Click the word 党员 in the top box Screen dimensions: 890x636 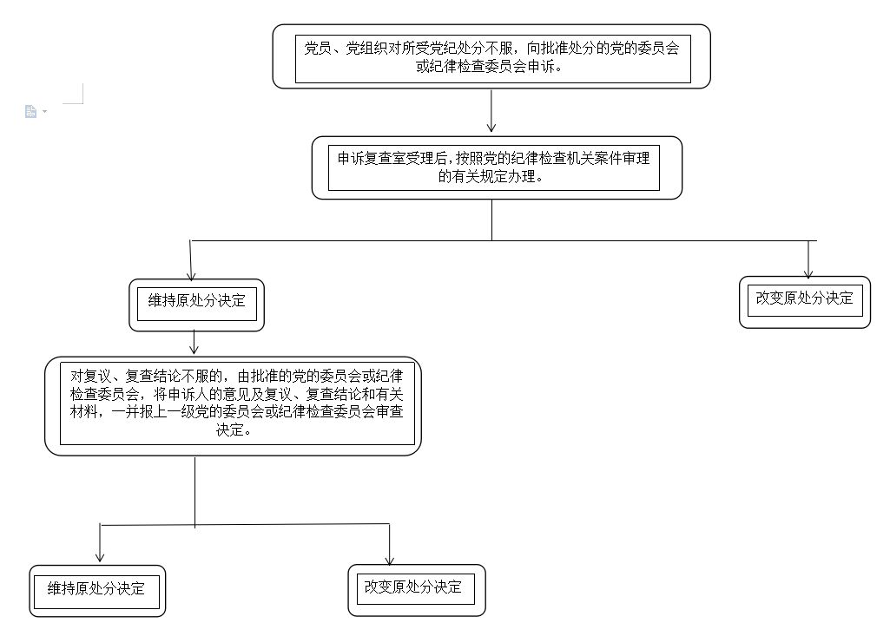(318, 49)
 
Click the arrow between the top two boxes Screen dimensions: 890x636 (491, 111)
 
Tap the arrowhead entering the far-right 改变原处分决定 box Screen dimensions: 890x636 (808, 274)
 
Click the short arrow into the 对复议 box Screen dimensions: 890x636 (194, 343)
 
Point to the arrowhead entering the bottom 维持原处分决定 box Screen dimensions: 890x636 (100, 558)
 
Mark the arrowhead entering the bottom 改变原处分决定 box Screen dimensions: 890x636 (389, 561)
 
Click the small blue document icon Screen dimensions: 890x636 (30, 111)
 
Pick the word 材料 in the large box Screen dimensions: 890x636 (83, 412)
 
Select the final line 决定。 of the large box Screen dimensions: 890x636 (234, 430)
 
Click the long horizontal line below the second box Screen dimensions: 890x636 (504, 240)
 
